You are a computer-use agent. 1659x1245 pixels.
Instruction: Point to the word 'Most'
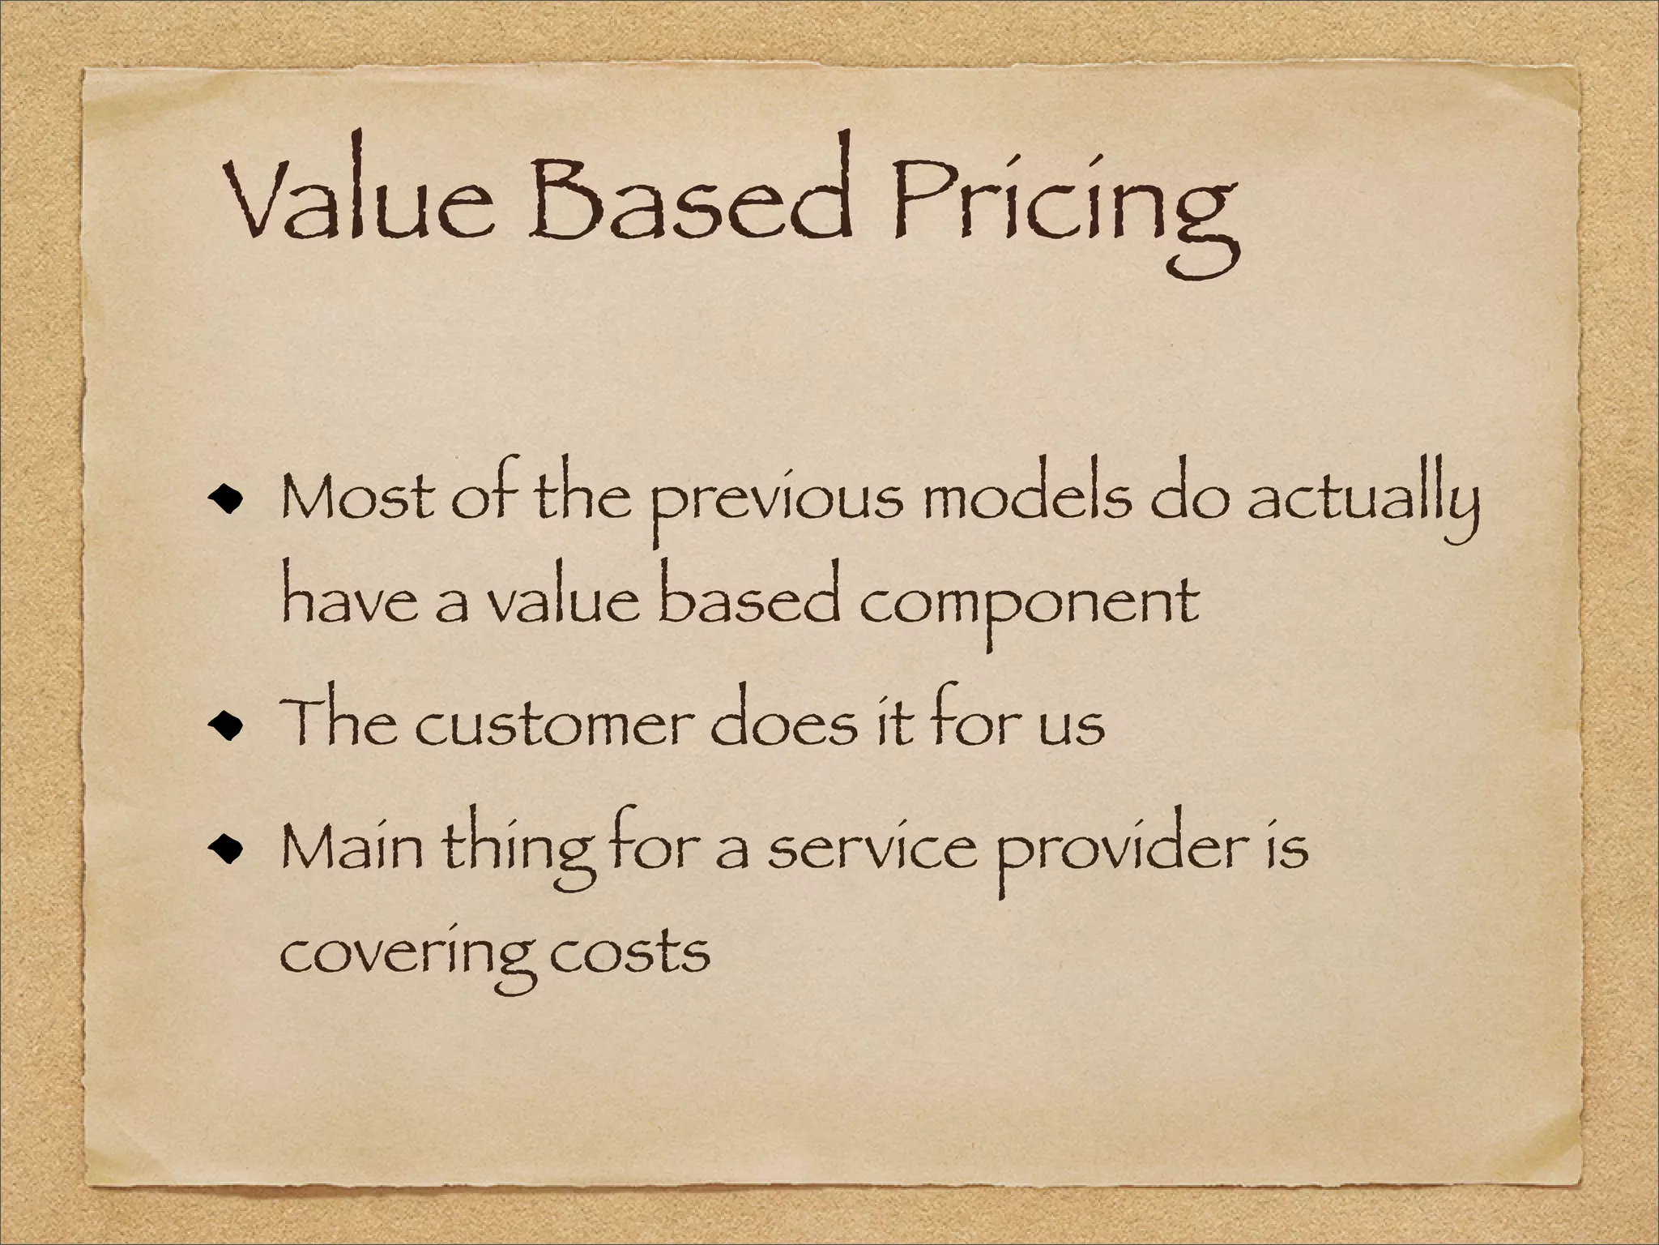(356, 498)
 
